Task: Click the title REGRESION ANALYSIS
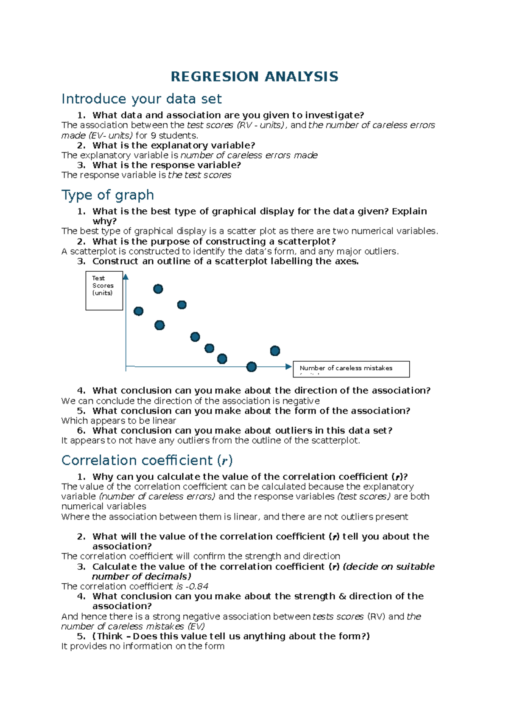tap(254, 77)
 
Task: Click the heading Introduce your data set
tap(141, 99)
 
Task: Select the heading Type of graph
tap(108, 195)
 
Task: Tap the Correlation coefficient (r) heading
tap(147, 461)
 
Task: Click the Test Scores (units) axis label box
tap(104, 291)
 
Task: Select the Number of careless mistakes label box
tap(351, 369)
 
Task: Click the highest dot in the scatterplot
tap(158, 289)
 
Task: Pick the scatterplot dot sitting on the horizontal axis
tap(252, 367)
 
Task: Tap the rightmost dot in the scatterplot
tap(275, 351)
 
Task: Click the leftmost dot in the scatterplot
tap(138, 311)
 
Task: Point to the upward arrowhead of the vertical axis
tap(126, 277)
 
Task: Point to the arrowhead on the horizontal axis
tap(288, 366)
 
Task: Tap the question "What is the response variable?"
tap(167, 165)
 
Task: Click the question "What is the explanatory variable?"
tap(173, 145)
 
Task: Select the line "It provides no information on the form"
tap(143, 646)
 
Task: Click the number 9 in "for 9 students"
tap(153, 135)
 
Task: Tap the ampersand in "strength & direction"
tap(342, 596)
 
